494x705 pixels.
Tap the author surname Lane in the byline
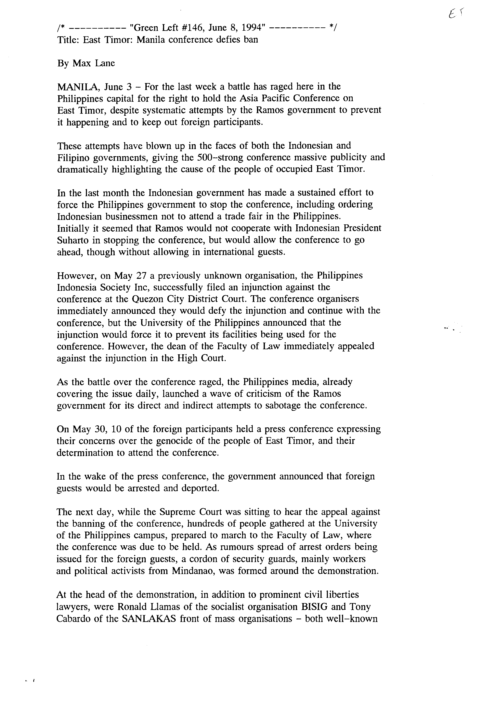[105, 63]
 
